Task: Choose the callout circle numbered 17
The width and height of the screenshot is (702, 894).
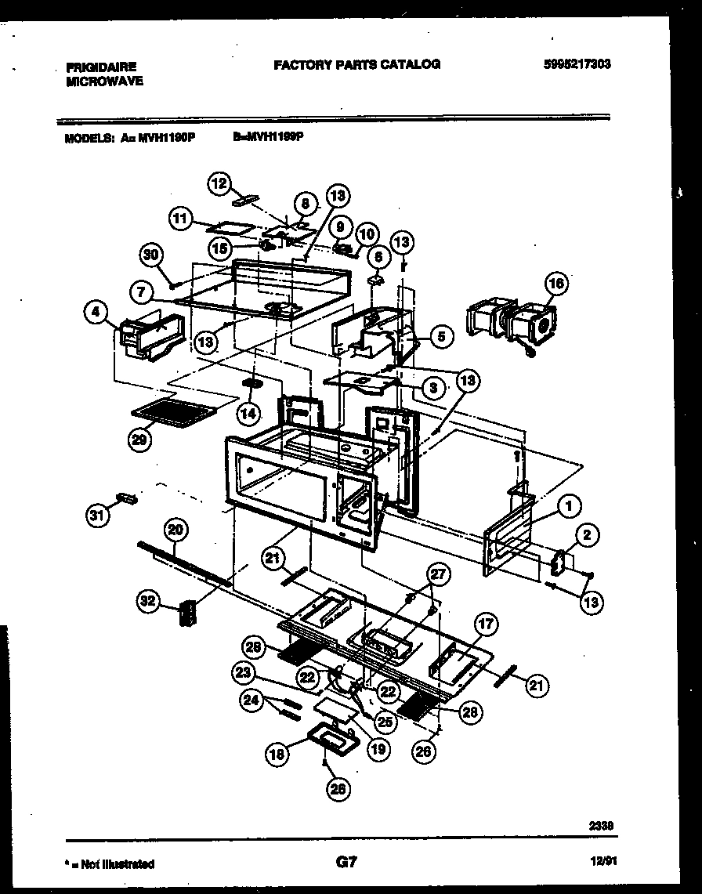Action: pyautogui.click(x=486, y=624)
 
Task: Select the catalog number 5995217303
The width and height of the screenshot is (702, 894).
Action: pyautogui.click(x=576, y=65)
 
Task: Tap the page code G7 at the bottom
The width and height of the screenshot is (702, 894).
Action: pyautogui.click(x=346, y=863)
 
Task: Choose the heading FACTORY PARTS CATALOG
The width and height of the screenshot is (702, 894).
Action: pyautogui.click(x=356, y=64)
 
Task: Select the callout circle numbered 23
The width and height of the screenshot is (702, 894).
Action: pyautogui.click(x=243, y=671)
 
